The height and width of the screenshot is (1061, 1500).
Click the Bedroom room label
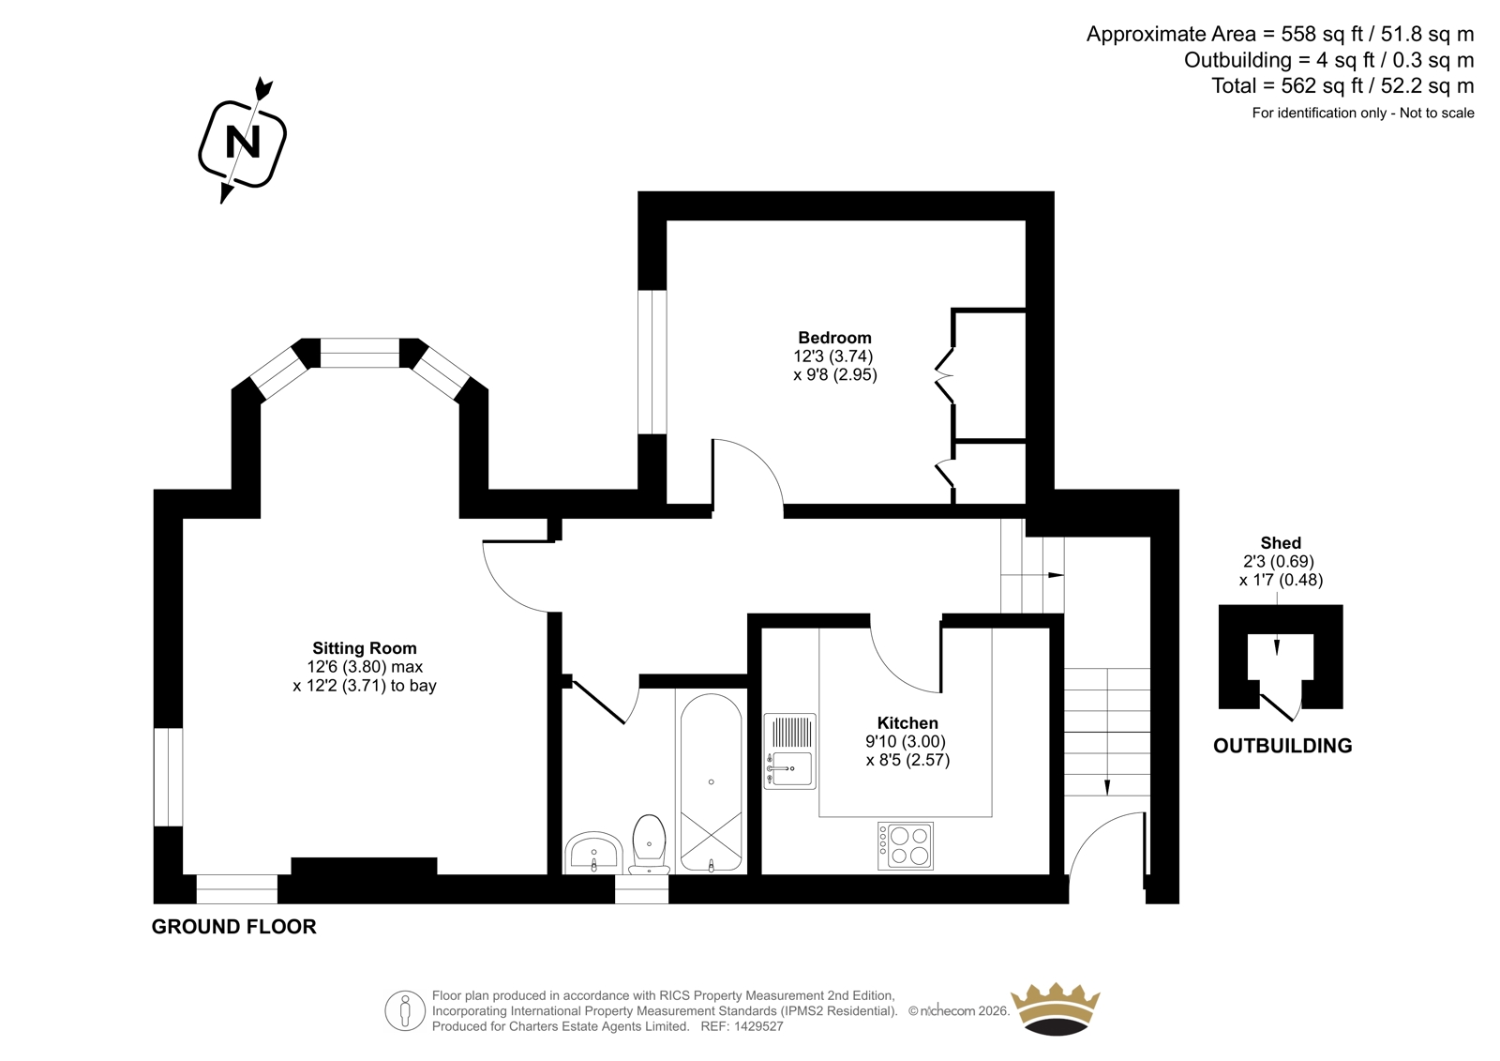pyautogui.click(x=834, y=338)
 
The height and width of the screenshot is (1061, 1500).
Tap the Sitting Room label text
pyautogui.click(x=365, y=648)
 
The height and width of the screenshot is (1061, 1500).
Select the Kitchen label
pyautogui.click(x=907, y=723)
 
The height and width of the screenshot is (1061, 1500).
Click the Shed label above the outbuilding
pyautogui.click(x=1281, y=543)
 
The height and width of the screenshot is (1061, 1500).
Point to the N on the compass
pyautogui.click(x=243, y=143)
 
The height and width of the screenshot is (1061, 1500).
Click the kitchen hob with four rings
pyautogui.click(x=906, y=846)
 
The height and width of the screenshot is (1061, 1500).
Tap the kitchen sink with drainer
pyautogui.click(x=790, y=751)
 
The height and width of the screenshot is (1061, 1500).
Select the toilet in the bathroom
pyautogui.click(x=649, y=844)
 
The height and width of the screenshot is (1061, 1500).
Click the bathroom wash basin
pyautogui.click(x=592, y=854)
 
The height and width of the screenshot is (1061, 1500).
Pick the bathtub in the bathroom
pyautogui.click(x=712, y=782)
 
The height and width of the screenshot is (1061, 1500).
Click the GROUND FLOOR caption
pyautogui.click(x=233, y=927)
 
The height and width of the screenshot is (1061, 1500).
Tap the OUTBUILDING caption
pyautogui.click(x=1282, y=746)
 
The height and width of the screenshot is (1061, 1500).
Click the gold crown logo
pyautogui.click(x=1055, y=1008)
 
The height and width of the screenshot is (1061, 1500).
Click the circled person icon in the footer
pyautogui.click(x=405, y=1010)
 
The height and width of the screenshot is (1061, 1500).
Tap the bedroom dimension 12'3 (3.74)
pyautogui.click(x=833, y=356)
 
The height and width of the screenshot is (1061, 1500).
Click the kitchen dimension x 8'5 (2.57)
pyautogui.click(x=907, y=760)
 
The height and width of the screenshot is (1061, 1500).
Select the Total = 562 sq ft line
pyautogui.click(x=1342, y=85)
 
